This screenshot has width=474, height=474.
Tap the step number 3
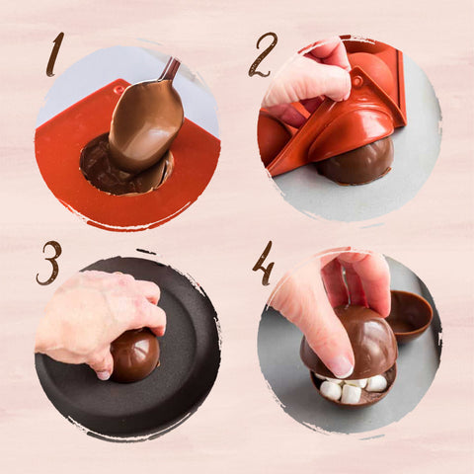click(49, 263)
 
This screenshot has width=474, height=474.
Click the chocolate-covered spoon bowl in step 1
click(144, 123)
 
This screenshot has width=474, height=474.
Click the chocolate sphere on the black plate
click(133, 355)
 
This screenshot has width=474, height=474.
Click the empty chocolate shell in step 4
click(409, 314)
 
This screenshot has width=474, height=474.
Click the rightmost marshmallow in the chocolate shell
click(377, 382)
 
